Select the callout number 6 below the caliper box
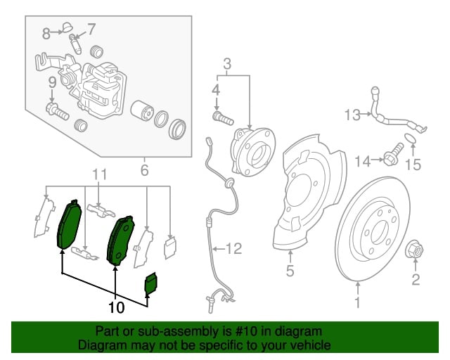[144, 170]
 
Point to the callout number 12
[233, 247]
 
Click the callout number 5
[288, 270]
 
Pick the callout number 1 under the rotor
[359, 304]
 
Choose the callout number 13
[352, 113]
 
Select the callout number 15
[413, 165]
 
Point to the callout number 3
[226, 65]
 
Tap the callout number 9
[52, 84]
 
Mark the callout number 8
[47, 32]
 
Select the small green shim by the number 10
[152, 283]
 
